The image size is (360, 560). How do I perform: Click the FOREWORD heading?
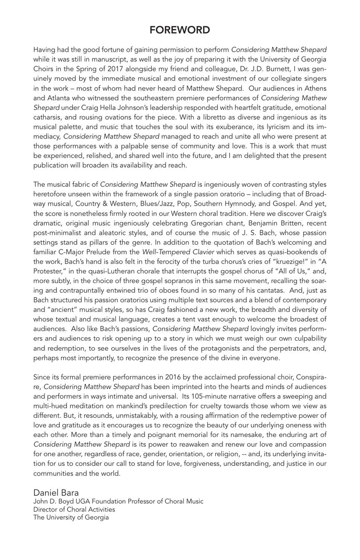(180, 30)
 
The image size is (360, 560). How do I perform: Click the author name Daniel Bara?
(56, 492)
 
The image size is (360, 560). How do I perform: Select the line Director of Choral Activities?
(74, 509)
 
